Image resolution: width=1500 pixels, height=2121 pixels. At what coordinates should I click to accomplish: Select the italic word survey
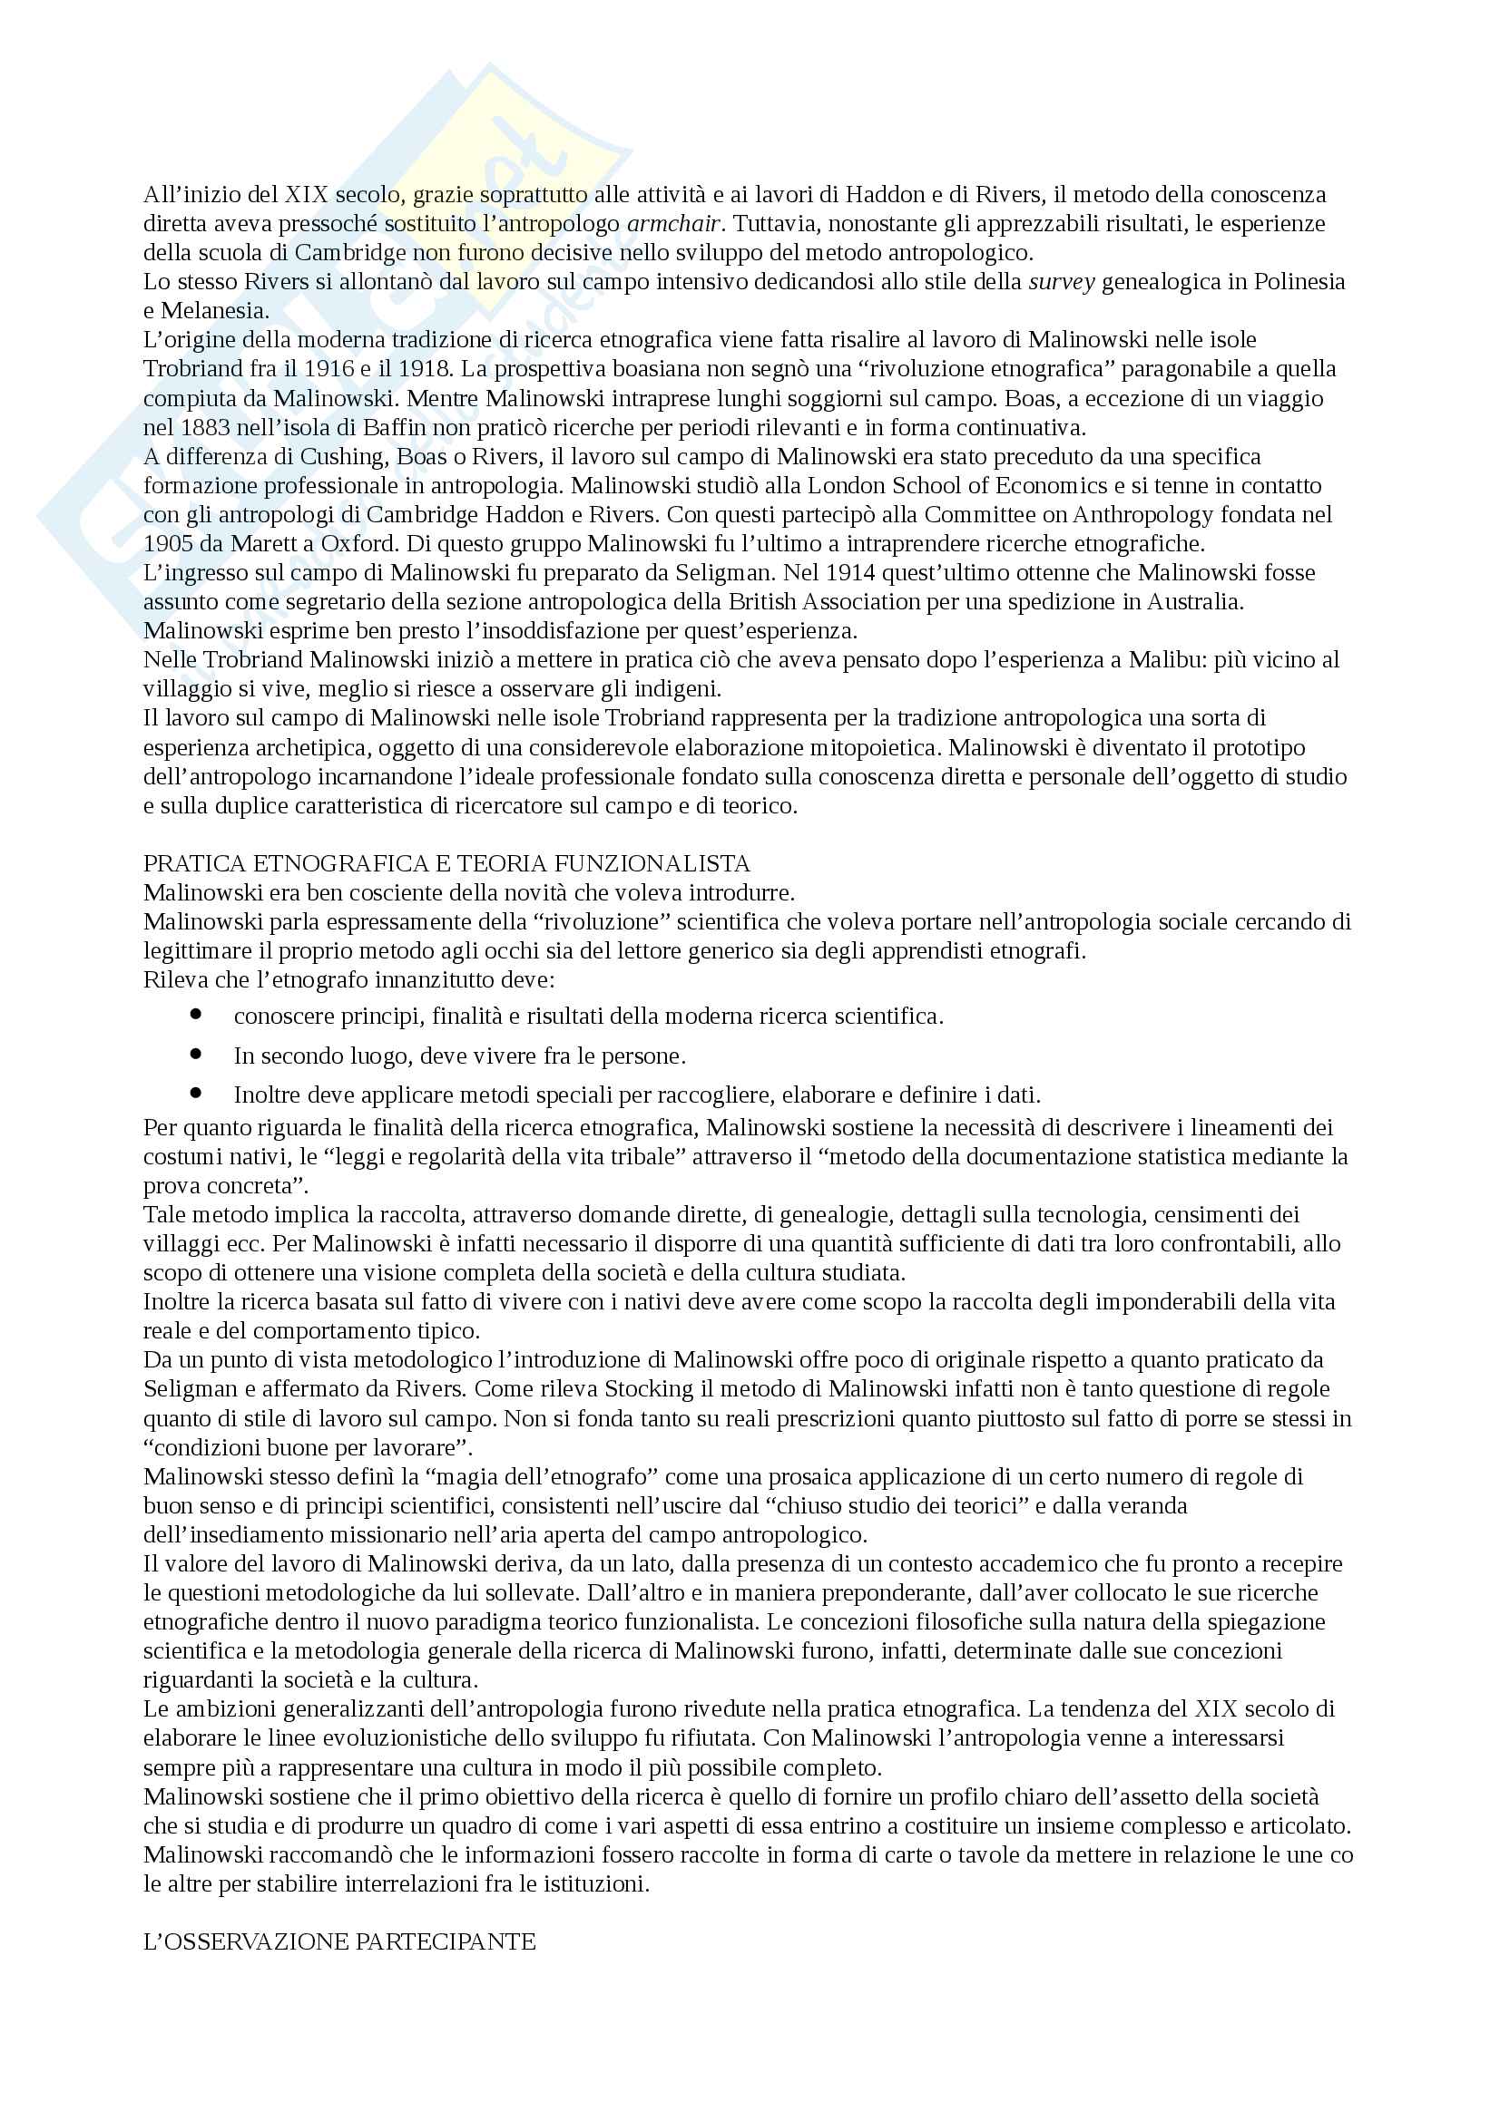[1062, 282]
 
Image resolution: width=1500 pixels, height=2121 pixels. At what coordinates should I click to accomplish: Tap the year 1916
[329, 368]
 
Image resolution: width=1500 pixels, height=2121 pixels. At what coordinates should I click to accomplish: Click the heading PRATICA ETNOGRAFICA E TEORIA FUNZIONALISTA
[446, 864]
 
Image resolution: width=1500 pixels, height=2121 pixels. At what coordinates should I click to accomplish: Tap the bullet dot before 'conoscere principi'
[195, 1015]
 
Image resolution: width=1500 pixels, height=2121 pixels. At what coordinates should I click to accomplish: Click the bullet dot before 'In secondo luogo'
[195, 1053]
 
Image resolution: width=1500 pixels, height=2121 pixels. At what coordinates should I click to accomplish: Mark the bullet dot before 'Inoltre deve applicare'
[195, 1093]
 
